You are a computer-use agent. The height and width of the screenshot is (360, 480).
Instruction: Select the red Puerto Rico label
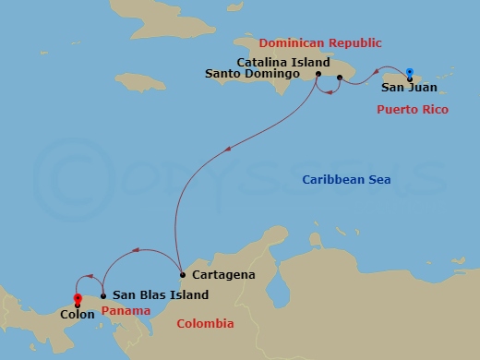pyautogui.click(x=413, y=109)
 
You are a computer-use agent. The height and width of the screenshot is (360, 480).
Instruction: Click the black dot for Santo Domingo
pyautogui.click(x=318, y=75)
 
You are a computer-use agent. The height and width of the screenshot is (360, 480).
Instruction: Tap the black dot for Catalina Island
pyautogui.click(x=340, y=78)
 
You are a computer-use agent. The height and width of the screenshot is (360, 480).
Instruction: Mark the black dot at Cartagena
pyautogui.click(x=183, y=275)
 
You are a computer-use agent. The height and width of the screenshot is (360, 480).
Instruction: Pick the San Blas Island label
pyautogui.click(x=160, y=295)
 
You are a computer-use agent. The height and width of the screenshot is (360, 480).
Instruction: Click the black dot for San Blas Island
pyautogui.click(x=102, y=295)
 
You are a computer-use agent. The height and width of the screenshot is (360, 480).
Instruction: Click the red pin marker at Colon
pyautogui.click(x=77, y=298)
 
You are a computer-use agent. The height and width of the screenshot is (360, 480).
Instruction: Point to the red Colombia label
pyautogui.click(x=206, y=323)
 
